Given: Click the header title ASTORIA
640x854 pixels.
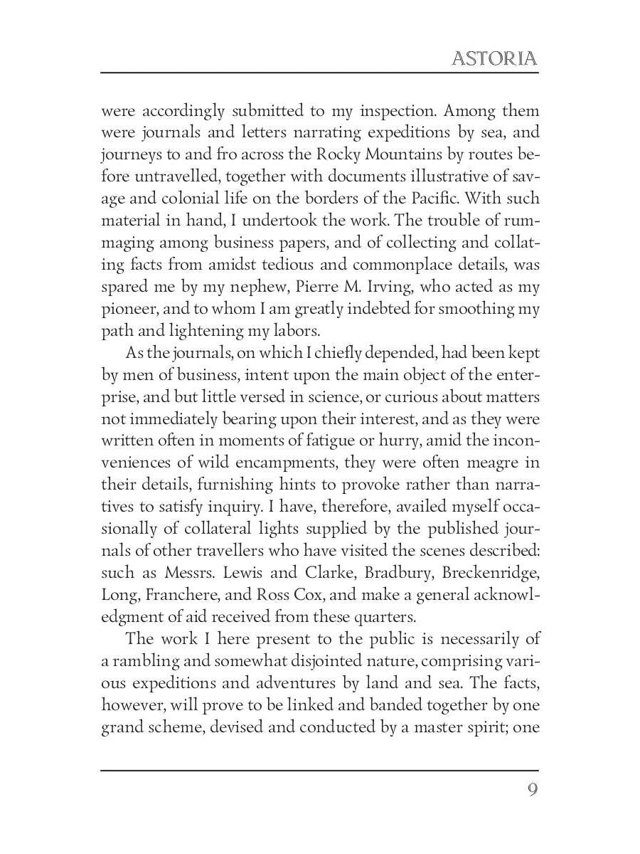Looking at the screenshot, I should click(494, 58).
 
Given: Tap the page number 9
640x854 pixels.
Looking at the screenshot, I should click(532, 790).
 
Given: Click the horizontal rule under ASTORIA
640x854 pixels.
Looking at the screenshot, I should click(319, 72).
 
